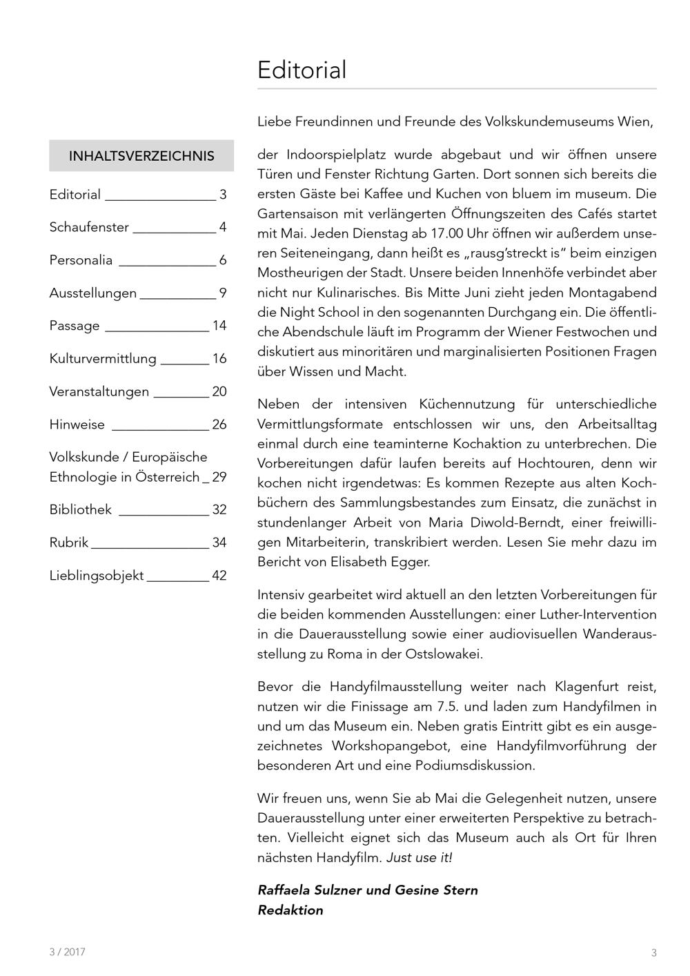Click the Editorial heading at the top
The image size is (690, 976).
[x=302, y=70]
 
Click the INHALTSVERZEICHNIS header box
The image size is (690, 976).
[x=141, y=156]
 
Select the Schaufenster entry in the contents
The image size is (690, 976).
[x=89, y=227]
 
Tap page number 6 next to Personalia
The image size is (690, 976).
[x=223, y=260]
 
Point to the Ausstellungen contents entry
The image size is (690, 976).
[x=92, y=293]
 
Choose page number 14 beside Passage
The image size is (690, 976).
[x=219, y=326]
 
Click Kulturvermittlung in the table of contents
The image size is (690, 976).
[x=103, y=359]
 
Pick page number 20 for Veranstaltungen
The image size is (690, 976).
[x=219, y=391]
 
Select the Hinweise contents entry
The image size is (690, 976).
[x=77, y=424]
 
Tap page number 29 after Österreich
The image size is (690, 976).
[x=219, y=477]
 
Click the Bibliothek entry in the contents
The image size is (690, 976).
[x=80, y=510]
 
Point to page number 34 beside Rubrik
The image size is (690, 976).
[x=219, y=543]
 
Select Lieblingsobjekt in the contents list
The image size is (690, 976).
[x=97, y=576]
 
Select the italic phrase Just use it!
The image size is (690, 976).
[x=419, y=857]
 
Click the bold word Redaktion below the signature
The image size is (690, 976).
[x=290, y=910]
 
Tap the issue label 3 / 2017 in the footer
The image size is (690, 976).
[x=67, y=952]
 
